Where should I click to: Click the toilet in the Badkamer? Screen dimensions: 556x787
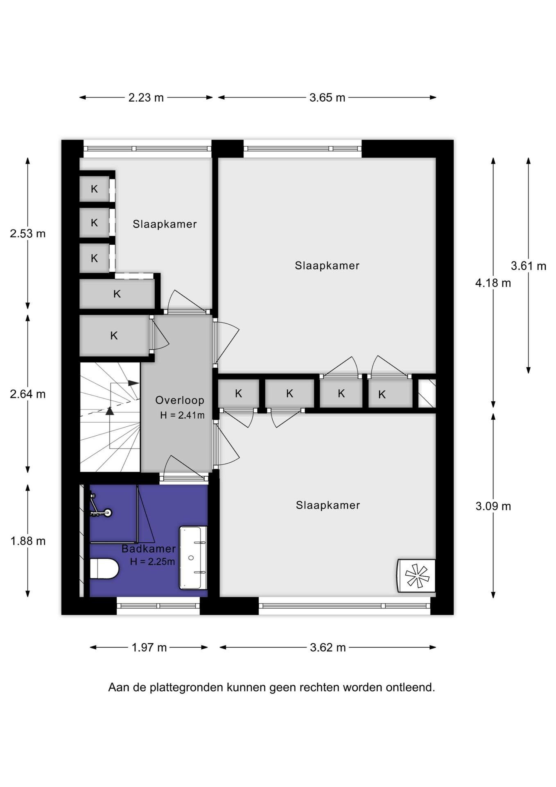click(104, 569)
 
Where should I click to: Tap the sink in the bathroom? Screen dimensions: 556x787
click(193, 558)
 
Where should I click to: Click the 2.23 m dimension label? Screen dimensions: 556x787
click(146, 98)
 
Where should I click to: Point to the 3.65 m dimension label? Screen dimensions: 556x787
click(327, 98)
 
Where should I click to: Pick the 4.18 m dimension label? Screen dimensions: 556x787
click(493, 283)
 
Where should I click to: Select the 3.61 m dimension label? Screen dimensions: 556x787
click(529, 266)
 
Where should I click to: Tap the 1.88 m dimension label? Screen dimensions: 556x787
click(28, 541)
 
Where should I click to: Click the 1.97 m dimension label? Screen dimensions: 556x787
click(149, 648)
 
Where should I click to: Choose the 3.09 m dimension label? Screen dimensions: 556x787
click(493, 506)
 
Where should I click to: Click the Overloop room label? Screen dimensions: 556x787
click(180, 400)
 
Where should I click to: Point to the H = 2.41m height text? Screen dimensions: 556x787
click(182, 415)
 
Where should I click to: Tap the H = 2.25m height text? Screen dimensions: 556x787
click(152, 562)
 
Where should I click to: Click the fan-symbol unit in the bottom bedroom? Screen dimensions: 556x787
click(416, 575)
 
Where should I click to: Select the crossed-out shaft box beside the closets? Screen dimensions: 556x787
click(427, 393)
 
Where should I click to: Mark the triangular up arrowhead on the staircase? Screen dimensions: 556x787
click(110, 411)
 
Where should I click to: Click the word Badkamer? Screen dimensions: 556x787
click(149, 549)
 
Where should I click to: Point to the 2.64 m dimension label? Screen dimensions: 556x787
click(28, 394)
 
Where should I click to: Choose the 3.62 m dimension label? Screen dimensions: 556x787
click(328, 648)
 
